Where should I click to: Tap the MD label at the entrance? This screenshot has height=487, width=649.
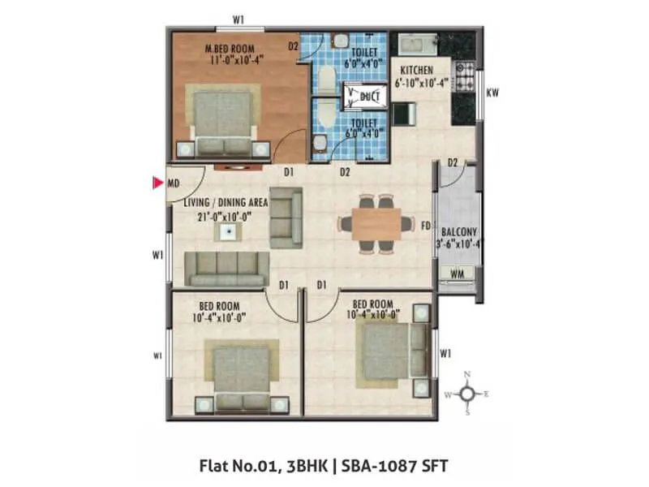point(173,183)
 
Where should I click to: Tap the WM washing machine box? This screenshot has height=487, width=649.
point(457,273)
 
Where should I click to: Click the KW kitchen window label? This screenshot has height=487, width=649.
point(492,93)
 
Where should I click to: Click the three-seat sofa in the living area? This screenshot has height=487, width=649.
point(226,269)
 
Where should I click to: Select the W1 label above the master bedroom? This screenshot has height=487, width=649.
point(239,19)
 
